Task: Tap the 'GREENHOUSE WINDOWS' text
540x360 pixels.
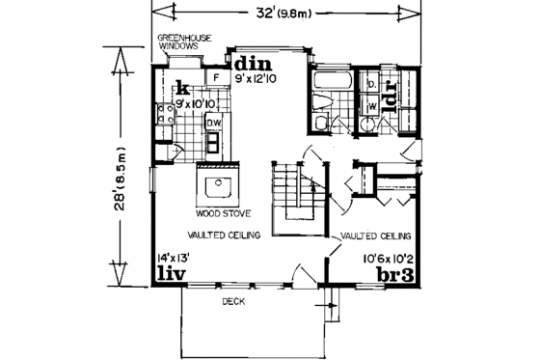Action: (x=185, y=43)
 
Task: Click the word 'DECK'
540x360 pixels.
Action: (x=231, y=301)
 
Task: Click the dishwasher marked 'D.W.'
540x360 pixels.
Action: (x=214, y=124)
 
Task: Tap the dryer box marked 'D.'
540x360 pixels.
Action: (x=371, y=86)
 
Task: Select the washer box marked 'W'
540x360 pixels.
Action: (x=370, y=108)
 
